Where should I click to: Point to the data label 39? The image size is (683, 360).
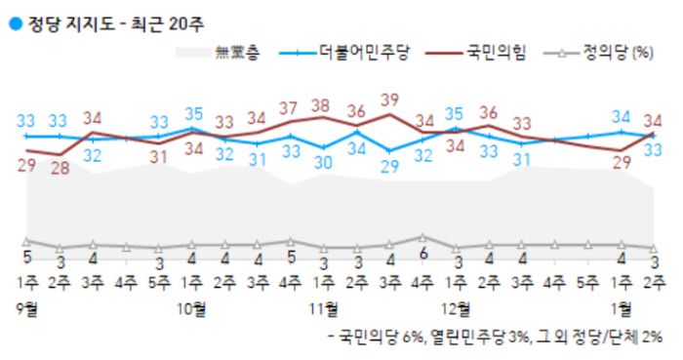pyautogui.click(x=390, y=99)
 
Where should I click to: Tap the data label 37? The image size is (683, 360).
pyautogui.click(x=291, y=107)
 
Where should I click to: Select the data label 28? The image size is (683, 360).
pyautogui.click(x=60, y=169)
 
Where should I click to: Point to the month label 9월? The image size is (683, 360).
pyautogui.click(x=27, y=310)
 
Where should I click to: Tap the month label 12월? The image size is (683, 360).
pyautogui.click(x=456, y=310)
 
